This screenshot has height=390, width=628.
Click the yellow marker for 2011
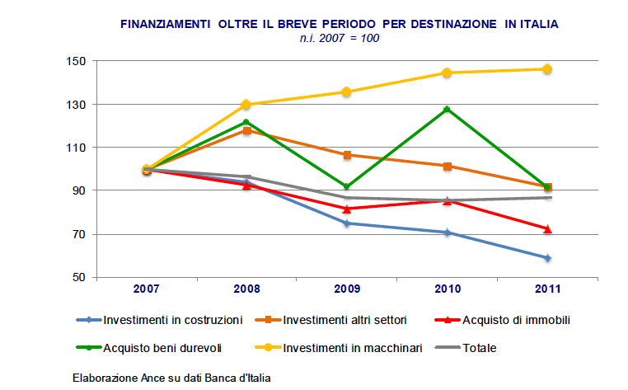[x=546, y=69]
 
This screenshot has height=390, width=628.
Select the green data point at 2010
[x=447, y=109]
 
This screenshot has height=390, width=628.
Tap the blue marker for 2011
[x=546, y=258]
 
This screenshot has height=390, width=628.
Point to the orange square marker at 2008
[x=247, y=130]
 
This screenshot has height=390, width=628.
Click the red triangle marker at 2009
[x=347, y=208]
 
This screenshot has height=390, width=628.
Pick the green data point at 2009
[x=347, y=187]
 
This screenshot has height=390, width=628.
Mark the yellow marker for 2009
[x=347, y=92]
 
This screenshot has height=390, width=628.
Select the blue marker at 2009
[x=347, y=223]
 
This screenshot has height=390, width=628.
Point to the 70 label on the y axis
[x=80, y=234]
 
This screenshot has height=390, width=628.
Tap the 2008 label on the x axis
[x=247, y=289]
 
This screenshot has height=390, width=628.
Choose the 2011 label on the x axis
[x=546, y=289]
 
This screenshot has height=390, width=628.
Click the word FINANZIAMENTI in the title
[x=168, y=25]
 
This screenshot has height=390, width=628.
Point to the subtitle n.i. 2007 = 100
[x=340, y=38]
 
